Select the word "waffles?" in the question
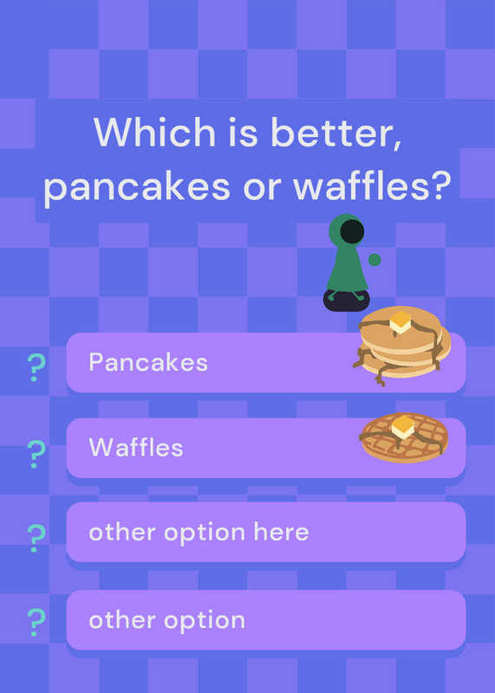(x=372, y=185)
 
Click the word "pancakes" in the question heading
(x=137, y=188)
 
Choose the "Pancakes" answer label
(x=148, y=362)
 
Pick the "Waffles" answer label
(x=136, y=447)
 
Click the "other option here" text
(x=199, y=532)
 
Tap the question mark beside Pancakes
(x=36, y=367)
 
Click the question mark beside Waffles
(x=36, y=454)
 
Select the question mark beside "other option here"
(x=36, y=538)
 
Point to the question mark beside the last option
(x=36, y=622)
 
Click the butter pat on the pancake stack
(x=401, y=321)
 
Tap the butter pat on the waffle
(x=403, y=427)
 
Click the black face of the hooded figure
(x=352, y=231)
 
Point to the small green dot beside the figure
(x=375, y=260)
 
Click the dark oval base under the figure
(x=347, y=301)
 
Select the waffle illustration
(x=404, y=437)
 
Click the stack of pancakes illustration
(x=401, y=346)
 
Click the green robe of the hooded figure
(x=348, y=270)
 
